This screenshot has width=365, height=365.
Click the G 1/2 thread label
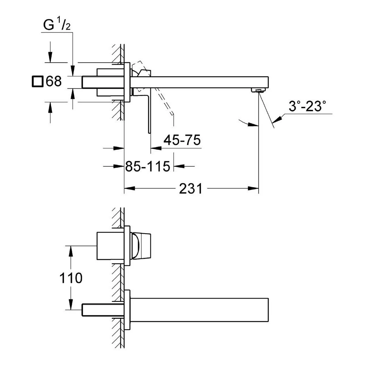[x=57, y=25]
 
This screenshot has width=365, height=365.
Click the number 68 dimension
[x=53, y=81]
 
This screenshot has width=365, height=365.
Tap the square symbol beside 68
[x=37, y=81]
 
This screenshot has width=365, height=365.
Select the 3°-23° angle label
[x=307, y=107]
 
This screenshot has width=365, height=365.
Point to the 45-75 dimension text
[x=182, y=140]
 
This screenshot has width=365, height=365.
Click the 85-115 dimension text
[x=147, y=166]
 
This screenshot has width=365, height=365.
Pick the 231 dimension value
[x=190, y=189]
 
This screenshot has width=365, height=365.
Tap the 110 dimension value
[x=71, y=279]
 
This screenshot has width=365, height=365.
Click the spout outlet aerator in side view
[x=258, y=90]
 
